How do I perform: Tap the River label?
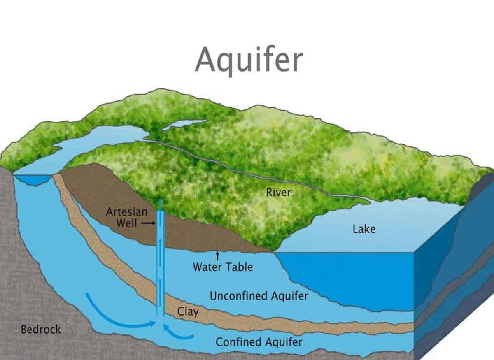(278, 192)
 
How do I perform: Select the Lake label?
(364, 229)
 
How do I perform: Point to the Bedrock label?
(41, 329)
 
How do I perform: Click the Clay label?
(188, 311)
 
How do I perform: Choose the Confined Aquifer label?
(259, 342)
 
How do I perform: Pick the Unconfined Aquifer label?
(259, 296)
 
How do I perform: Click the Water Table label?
(223, 267)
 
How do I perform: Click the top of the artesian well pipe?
(160, 201)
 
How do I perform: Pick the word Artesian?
(126, 212)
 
